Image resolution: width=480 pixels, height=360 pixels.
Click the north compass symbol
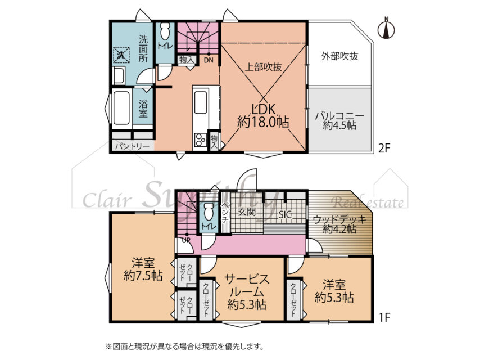click(386, 29)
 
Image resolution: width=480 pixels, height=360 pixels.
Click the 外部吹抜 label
click(339, 56)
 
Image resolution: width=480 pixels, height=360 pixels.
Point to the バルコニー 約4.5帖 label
click(339, 120)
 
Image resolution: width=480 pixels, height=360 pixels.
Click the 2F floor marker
click(383, 148)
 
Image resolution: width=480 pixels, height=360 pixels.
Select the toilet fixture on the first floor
click(209, 212)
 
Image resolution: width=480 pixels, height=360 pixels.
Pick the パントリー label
click(132, 146)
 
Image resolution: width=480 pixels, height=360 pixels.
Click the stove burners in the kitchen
click(201, 141)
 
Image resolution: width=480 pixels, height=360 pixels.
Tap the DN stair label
click(208, 60)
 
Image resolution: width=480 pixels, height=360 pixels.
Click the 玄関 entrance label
click(247, 213)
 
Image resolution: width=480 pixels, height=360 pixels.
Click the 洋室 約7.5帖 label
click(143, 269)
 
